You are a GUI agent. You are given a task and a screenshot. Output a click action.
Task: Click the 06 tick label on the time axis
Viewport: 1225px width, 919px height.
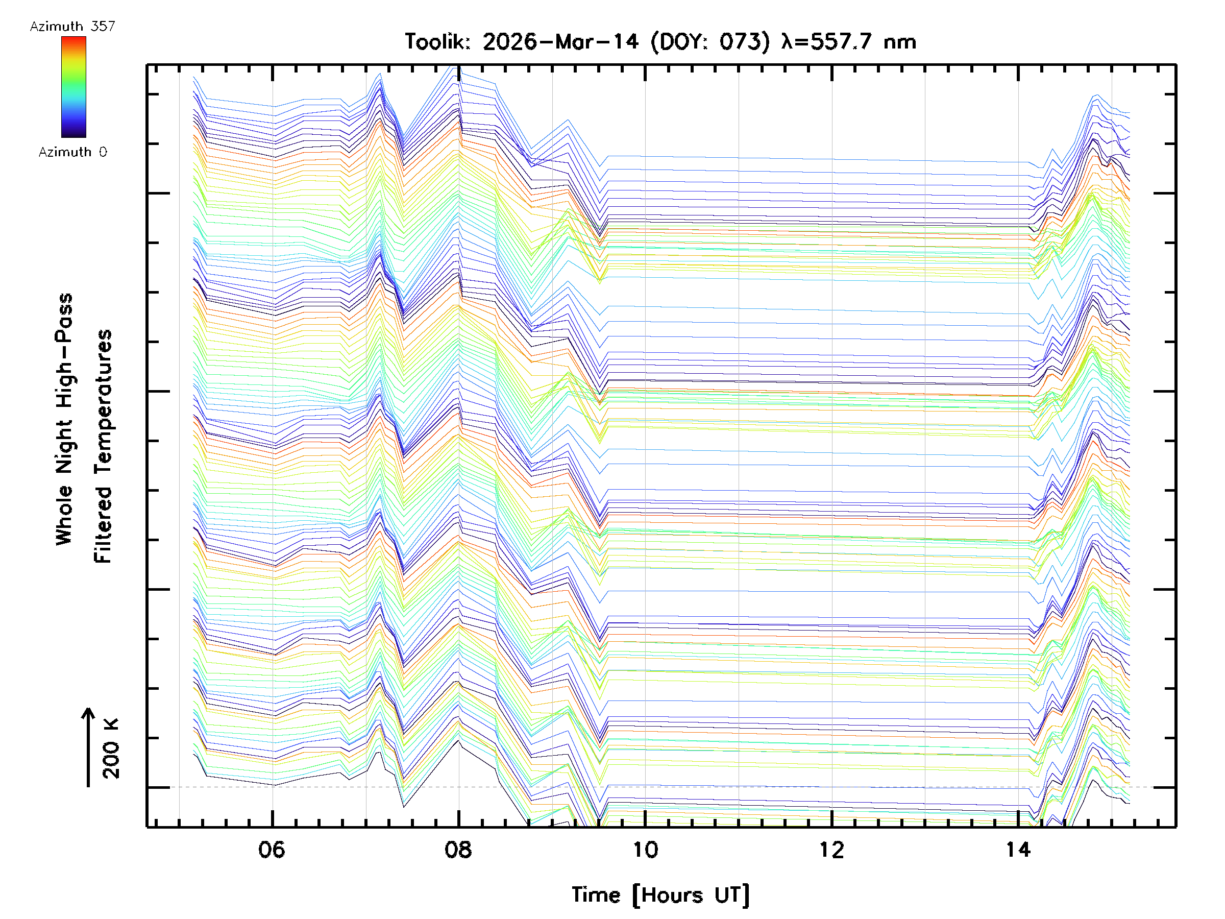pyautogui.click(x=272, y=849)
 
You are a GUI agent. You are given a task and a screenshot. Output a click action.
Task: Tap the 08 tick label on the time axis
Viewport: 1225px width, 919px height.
pyautogui.click(x=458, y=849)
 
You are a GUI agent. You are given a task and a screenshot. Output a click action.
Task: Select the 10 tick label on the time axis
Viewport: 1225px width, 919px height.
pyautogui.click(x=645, y=849)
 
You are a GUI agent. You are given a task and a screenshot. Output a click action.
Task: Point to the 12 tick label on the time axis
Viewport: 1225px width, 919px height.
pyautogui.click(x=832, y=849)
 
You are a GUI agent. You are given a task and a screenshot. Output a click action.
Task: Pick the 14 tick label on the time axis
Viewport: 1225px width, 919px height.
pyautogui.click(x=1018, y=849)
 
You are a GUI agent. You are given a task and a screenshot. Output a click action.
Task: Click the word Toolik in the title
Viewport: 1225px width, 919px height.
pyautogui.click(x=437, y=41)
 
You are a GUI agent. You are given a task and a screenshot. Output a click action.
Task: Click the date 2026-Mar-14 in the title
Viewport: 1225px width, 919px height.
pyautogui.click(x=560, y=41)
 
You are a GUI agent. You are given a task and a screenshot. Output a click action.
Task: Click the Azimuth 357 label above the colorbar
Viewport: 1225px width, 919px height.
pyautogui.click(x=72, y=26)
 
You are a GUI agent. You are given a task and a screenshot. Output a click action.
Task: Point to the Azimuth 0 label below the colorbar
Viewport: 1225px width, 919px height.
pyautogui.click(x=72, y=152)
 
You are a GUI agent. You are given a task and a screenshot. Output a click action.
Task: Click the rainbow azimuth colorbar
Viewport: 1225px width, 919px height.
pyautogui.click(x=73, y=87)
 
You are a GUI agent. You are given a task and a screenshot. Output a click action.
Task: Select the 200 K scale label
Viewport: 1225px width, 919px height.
pyautogui.click(x=111, y=748)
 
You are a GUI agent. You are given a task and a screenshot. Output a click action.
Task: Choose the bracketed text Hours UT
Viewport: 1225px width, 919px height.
pyautogui.click(x=691, y=895)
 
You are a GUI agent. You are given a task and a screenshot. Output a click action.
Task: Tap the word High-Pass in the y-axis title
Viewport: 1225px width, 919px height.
pyautogui.click(x=64, y=350)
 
